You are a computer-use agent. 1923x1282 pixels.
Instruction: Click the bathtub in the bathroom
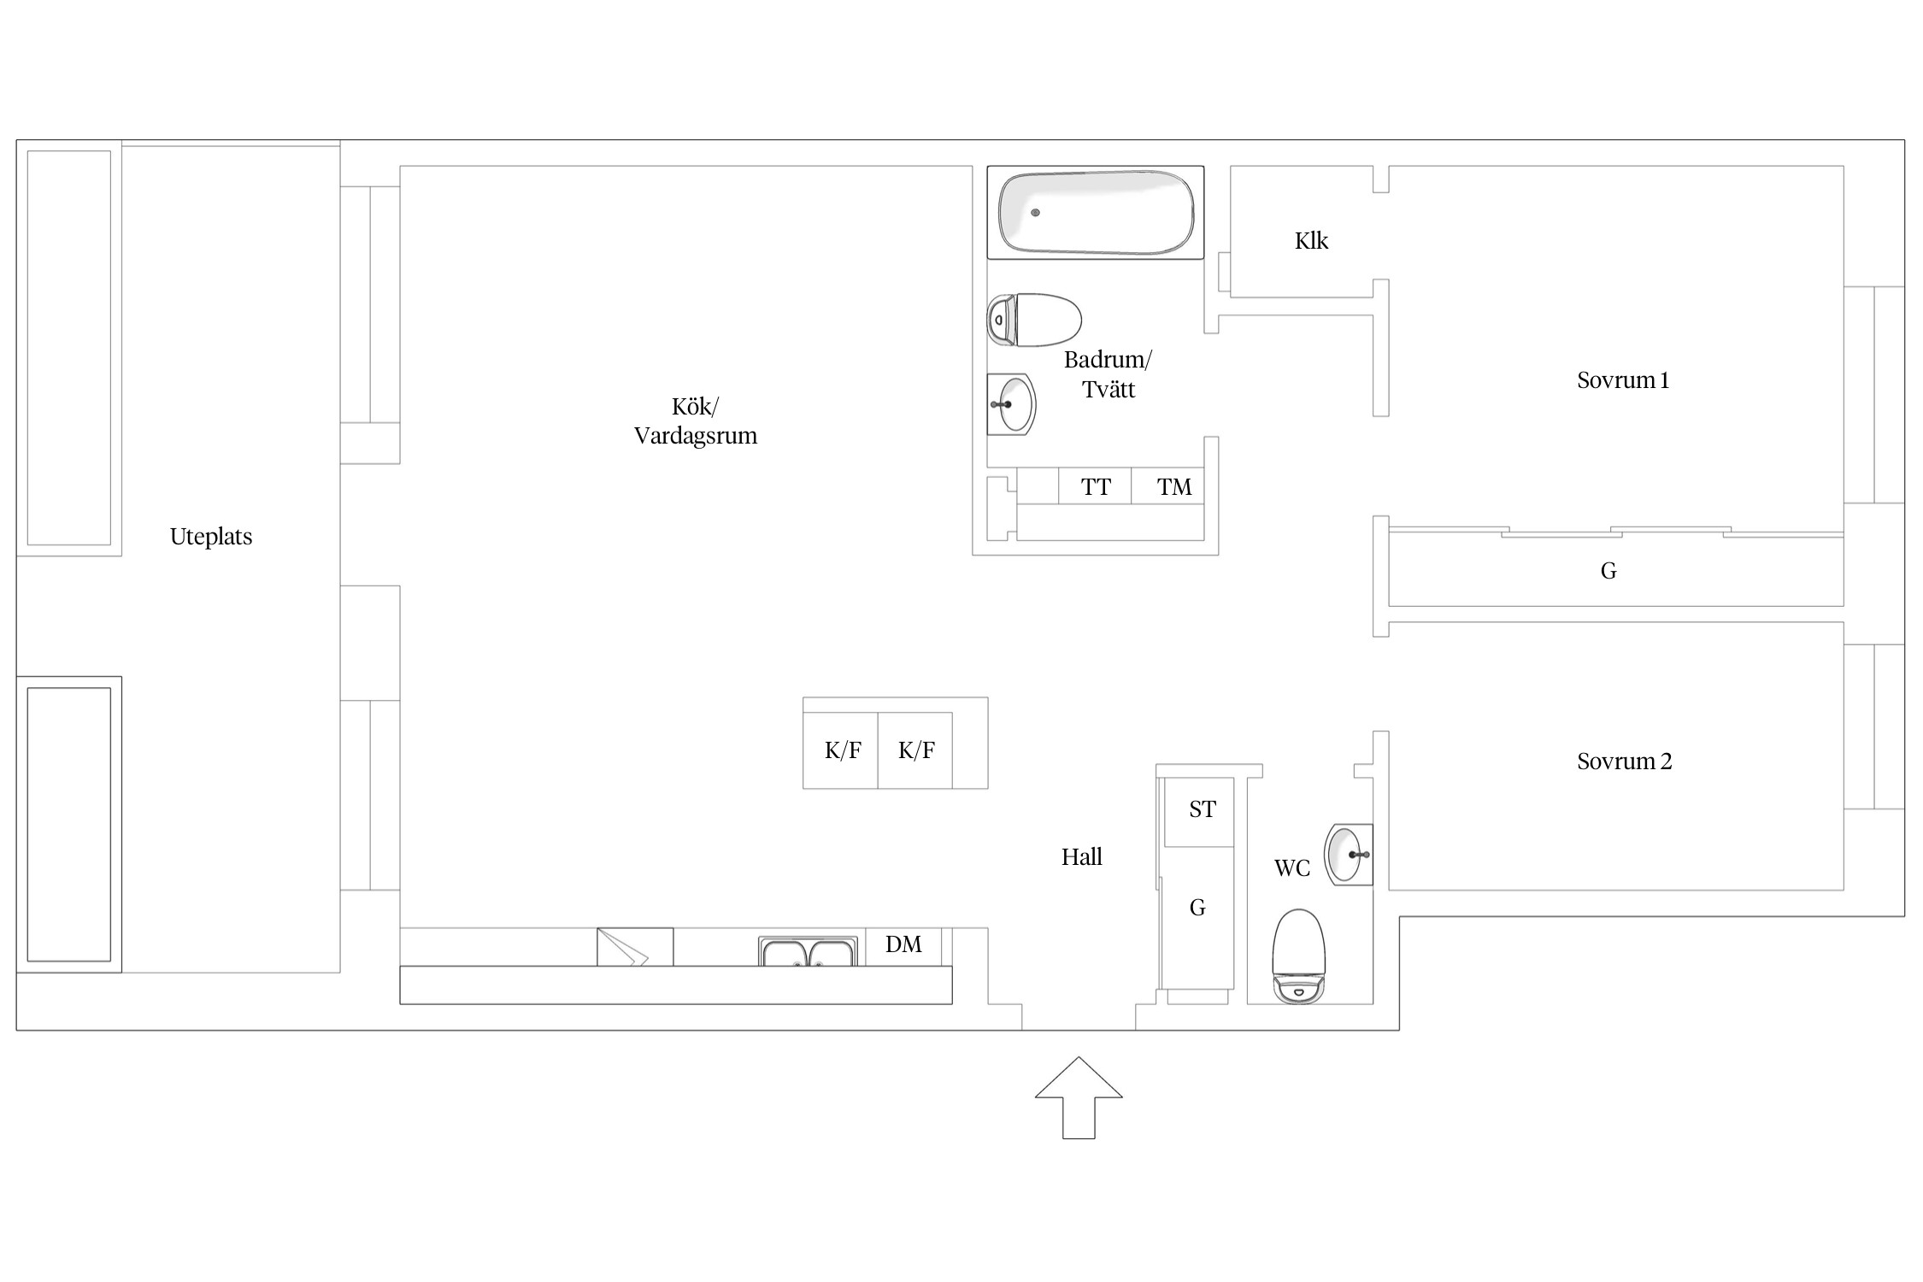coord(1096,213)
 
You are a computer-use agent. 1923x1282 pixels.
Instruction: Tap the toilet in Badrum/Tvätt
coord(1035,320)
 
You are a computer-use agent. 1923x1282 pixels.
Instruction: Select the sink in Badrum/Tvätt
coord(1012,404)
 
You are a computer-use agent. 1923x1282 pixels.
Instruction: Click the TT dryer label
coord(1096,487)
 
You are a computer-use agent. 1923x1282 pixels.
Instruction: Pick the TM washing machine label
coord(1174,487)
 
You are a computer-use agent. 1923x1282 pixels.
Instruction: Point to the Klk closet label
coord(1311,241)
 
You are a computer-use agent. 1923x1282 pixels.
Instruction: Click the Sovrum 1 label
coord(1623,380)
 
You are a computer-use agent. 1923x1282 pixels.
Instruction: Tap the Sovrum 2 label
coord(1624,762)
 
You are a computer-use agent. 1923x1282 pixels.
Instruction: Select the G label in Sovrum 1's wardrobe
coord(1608,571)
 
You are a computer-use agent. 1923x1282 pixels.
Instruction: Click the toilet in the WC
coord(1298,956)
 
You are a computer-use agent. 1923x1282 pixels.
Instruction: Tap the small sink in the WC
coord(1349,854)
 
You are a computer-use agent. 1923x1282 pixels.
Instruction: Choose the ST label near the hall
coord(1203,809)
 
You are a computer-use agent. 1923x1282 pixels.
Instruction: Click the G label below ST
coord(1197,908)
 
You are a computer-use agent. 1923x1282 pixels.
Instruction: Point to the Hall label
coord(1081,857)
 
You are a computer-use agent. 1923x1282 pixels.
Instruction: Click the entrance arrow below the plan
coord(1079,1097)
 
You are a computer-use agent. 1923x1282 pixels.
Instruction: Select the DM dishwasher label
coord(903,944)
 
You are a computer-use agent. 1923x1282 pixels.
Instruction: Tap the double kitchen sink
coord(808,951)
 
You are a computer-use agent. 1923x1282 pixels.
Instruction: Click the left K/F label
coord(843,750)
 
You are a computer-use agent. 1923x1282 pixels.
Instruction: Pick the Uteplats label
coord(211,537)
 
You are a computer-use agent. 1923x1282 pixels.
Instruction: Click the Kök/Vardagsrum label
coord(695,421)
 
